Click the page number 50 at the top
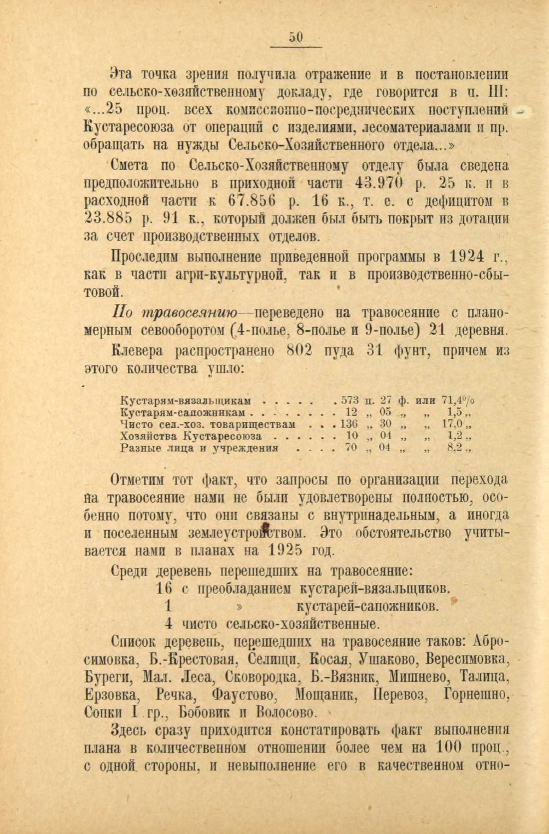click(296, 37)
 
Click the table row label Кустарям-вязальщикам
click(185, 400)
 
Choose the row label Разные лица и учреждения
click(199, 448)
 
